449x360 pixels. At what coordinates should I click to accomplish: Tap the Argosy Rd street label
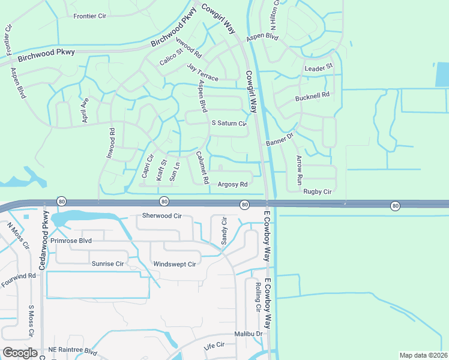click(x=233, y=184)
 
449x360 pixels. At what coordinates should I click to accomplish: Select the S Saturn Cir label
click(x=229, y=124)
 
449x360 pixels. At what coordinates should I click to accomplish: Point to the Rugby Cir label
click(x=318, y=191)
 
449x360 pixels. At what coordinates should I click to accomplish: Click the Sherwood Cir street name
click(x=161, y=215)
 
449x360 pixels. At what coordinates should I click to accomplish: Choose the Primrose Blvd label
click(x=71, y=240)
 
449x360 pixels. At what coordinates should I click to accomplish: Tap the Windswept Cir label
click(x=175, y=264)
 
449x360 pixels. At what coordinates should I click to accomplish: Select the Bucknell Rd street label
click(x=313, y=95)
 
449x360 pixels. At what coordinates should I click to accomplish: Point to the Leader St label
click(x=318, y=68)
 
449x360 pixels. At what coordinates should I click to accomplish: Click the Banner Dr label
click(x=279, y=139)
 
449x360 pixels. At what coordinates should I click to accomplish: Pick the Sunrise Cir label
click(x=107, y=263)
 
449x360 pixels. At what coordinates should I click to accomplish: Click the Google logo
click(x=20, y=353)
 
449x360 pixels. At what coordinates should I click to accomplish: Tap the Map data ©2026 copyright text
click(x=423, y=355)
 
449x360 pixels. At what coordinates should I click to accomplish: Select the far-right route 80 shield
click(x=395, y=206)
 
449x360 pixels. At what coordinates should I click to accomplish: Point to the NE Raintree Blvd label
click(x=73, y=350)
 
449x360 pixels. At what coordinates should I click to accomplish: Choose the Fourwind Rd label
click(x=19, y=276)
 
